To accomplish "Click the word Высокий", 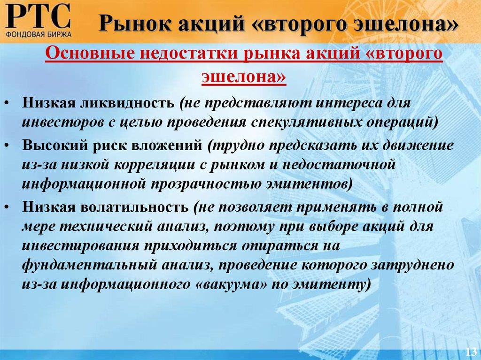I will pyautogui.click(x=53, y=145).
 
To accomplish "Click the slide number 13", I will pyautogui.click(x=470, y=352).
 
